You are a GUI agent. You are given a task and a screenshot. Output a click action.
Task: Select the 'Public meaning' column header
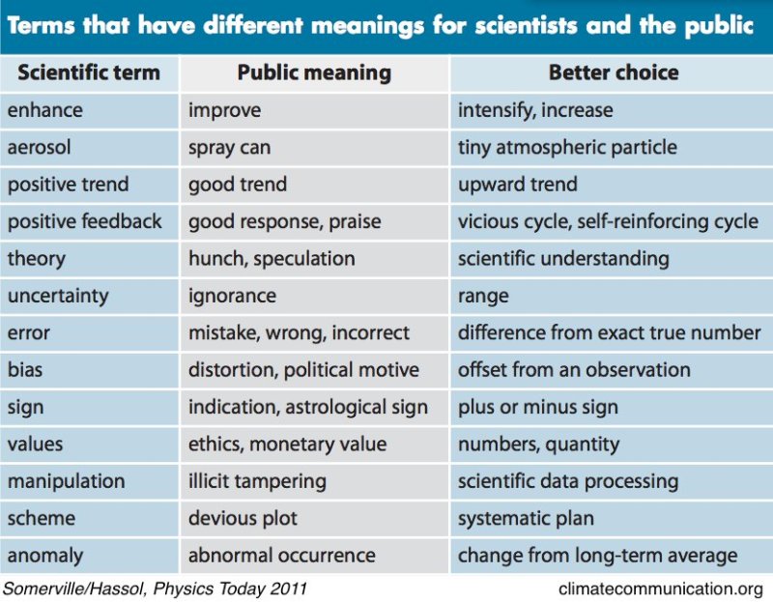coord(314,72)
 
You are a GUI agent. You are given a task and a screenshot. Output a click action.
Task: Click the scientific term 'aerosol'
coord(40,147)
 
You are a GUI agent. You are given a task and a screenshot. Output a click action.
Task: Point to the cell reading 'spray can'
coord(229,147)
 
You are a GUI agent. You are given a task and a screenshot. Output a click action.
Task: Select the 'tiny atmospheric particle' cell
coord(567,147)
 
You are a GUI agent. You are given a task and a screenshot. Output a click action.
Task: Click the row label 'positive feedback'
coord(85,221)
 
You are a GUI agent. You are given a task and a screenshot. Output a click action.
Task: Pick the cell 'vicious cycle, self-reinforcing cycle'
coord(608,221)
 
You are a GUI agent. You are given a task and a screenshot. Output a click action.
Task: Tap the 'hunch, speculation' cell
coord(272,258)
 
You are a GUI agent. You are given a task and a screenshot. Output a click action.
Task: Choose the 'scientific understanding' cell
coord(563,258)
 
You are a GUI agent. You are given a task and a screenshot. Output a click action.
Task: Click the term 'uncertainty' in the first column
coord(58,296)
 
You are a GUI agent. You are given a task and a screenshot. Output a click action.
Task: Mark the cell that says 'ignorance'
coord(232,296)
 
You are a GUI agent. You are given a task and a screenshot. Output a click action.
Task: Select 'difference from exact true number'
coord(609,332)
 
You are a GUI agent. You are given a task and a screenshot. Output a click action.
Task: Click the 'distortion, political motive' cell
coord(303,369)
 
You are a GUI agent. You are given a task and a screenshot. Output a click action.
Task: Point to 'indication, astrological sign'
coord(307,407)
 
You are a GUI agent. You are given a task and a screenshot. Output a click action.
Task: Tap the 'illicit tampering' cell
coord(257,480)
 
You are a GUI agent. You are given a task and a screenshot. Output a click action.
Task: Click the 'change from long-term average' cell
coord(597,556)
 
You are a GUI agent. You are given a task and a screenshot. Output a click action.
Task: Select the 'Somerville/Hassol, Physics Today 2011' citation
coord(158,587)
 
